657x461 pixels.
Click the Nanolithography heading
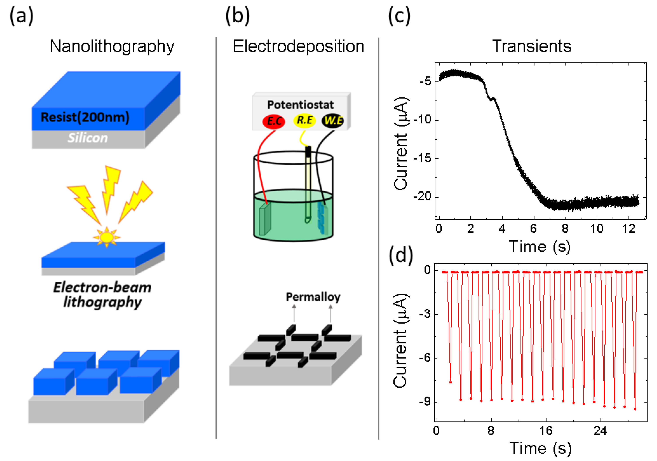(x=112, y=46)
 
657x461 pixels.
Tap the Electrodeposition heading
(x=298, y=46)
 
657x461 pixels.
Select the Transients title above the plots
(x=531, y=46)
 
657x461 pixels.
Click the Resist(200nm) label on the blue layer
(x=85, y=117)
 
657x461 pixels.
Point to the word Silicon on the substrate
(x=88, y=138)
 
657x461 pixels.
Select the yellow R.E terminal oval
(x=304, y=120)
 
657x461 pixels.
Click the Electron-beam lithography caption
(x=102, y=295)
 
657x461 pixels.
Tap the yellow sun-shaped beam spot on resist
(x=107, y=237)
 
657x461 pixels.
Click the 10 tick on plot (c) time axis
(x=597, y=228)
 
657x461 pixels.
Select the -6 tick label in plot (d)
(x=425, y=358)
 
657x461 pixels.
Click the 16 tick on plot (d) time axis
(x=545, y=430)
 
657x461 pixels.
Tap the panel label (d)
(x=400, y=255)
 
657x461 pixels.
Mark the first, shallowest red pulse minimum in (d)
(x=450, y=382)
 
